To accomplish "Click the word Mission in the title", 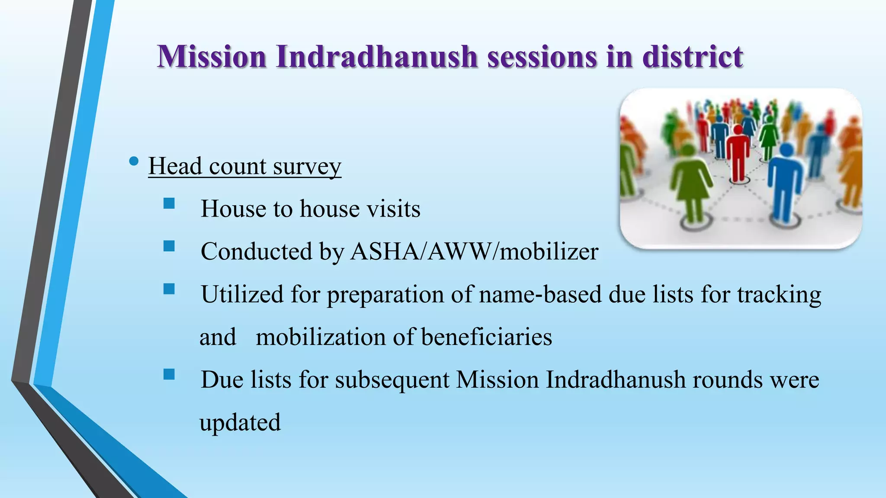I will tap(212, 57).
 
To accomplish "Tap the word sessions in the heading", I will tap(542, 57).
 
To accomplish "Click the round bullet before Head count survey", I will tap(134, 162).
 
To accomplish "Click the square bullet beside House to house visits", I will tap(169, 204).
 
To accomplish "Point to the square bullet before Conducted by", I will tap(169, 246).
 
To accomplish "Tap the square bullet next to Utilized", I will tap(169, 289).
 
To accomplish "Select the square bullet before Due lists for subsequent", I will tap(169, 374).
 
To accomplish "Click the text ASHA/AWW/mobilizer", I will tap(474, 251).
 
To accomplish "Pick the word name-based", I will tap(540, 294).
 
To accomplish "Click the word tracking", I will tap(779, 295).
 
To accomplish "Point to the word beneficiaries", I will tap(486, 337).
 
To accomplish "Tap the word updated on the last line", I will tap(240, 422).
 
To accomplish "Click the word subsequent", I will tap(392, 380).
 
